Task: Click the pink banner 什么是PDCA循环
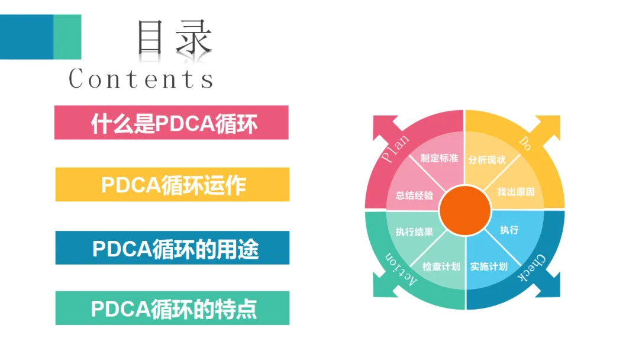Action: pyautogui.click(x=172, y=123)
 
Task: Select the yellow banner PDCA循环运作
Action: pyautogui.click(x=172, y=185)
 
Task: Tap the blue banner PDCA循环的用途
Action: pyautogui.click(x=172, y=248)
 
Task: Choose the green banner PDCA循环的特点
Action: pyautogui.click(x=172, y=308)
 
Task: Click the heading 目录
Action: pyautogui.click(x=174, y=38)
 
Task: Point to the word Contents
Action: pyautogui.click(x=141, y=79)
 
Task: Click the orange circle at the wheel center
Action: pyautogui.click(x=466, y=210)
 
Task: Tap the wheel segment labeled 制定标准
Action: pyautogui.click(x=439, y=159)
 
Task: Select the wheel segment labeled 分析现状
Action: pyautogui.click(x=487, y=159)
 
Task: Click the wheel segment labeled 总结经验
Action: pyautogui.click(x=414, y=195)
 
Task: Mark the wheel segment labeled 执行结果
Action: pyautogui.click(x=414, y=232)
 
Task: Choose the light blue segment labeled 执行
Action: pyautogui.click(x=509, y=230)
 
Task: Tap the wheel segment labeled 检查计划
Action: pyautogui.click(x=441, y=266)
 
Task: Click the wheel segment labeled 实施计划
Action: pyautogui.click(x=489, y=266)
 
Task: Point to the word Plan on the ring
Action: pyautogui.click(x=395, y=149)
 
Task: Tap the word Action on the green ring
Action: pyautogui.click(x=402, y=271)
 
